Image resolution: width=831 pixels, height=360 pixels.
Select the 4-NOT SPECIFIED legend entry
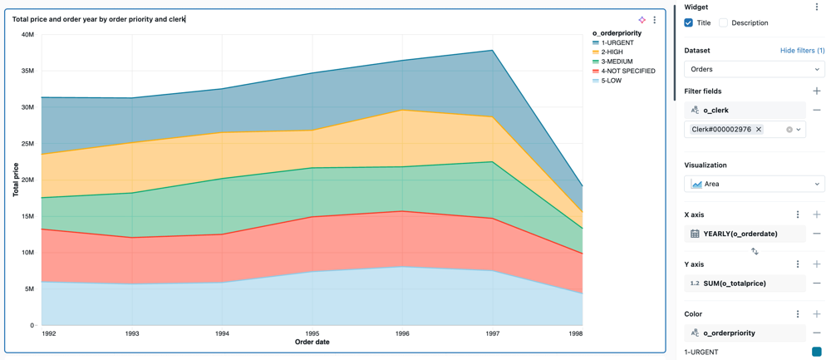tap(627, 72)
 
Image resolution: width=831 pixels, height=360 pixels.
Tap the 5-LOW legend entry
tap(611, 81)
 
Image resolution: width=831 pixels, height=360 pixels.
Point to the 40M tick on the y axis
tap(27, 35)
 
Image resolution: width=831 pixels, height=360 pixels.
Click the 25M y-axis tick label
tap(27, 144)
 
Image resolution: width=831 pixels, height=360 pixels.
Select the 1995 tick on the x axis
tap(312, 333)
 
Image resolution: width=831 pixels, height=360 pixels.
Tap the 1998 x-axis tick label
tap(574, 333)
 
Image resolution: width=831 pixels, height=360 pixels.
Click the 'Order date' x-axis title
tap(312, 342)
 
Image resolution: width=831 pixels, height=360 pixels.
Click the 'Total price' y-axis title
tap(16, 180)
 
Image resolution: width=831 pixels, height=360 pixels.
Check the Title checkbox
tap(689, 23)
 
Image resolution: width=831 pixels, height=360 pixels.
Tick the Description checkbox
tap(724, 23)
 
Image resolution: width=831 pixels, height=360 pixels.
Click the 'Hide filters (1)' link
tap(802, 51)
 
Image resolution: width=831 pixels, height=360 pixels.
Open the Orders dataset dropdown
tap(754, 70)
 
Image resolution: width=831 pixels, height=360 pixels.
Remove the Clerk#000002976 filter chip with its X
tap(759, 130)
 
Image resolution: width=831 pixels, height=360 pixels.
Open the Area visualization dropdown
tap(754, 184)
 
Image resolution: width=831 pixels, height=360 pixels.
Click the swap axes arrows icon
tap(755, 251)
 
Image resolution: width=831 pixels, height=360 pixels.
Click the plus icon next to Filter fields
tap(817, 91)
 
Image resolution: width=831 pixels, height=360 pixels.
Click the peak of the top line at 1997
tap(493, 51)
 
